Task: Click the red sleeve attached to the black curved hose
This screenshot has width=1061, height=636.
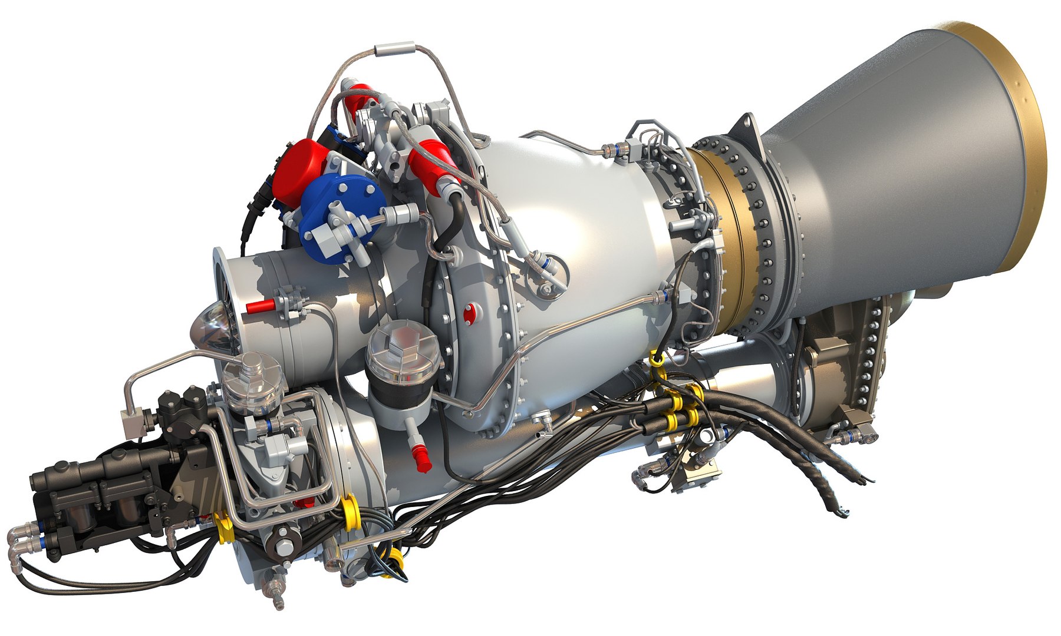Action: [x=433, y=162]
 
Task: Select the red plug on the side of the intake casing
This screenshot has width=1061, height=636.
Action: [x=260, y=306]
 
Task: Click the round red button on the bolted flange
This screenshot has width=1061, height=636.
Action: [x=469, y=313]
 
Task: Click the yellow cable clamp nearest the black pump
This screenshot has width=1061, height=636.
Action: [x=224, y=526]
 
